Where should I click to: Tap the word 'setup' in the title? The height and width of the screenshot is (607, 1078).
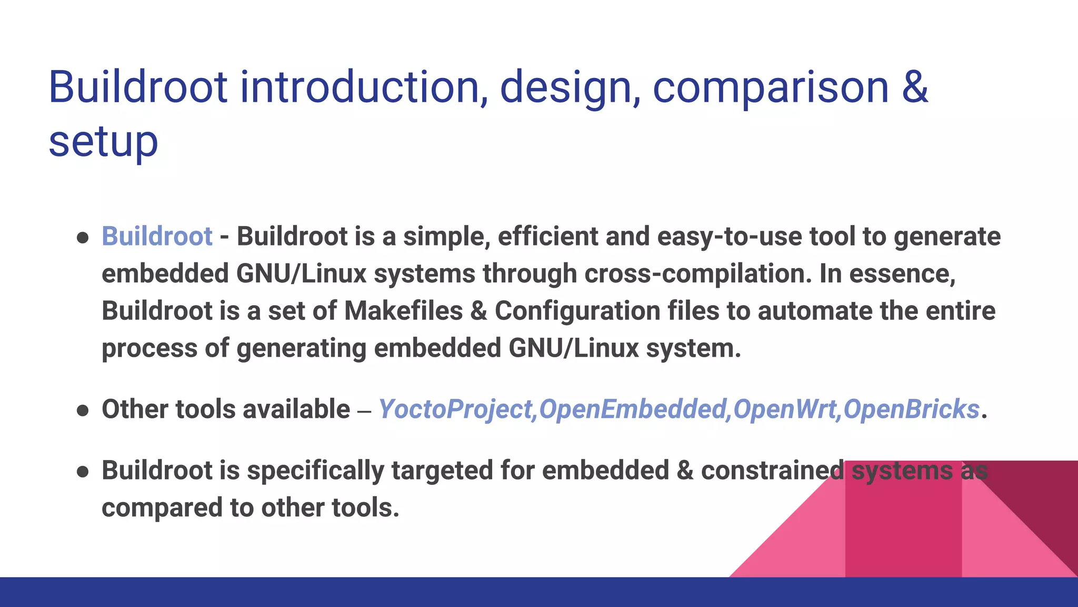pyautogui.click(x=103, y=142)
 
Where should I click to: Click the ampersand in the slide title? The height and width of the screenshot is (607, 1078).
pyautogui.click(x=915, y=87)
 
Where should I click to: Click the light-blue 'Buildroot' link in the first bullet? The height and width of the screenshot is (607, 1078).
pyautogui.click(x=157, y=236)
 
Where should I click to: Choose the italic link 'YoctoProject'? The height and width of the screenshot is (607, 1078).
pyautogui.click(x=456, y=409)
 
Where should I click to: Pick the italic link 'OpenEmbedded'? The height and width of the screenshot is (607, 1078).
pyautogui.click(x=632, y=409)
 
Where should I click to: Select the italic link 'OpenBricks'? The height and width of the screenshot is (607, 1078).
pyautogui.click(x=911, y=409)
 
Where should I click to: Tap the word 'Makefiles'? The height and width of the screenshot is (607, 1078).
pyautogui.click(x=403, y=311)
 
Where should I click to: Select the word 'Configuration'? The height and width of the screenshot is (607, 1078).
pyautogui.click(x=577, y=311)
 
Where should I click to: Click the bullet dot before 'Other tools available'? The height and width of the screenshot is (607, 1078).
pyautogui.click(x=83, y=410)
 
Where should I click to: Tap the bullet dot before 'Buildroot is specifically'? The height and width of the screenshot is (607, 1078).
pyautogui.click(x=83, y=472)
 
